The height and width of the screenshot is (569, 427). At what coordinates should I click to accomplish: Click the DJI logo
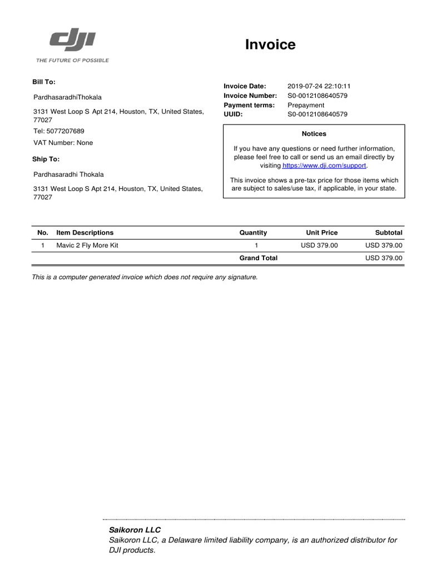tap(73, 41)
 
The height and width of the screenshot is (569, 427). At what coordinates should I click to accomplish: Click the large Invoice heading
tap(270, 45)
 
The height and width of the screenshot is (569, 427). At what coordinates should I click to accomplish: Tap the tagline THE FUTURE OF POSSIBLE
tap(72, 60)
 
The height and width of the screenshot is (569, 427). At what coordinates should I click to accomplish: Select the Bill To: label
tap(44, 82)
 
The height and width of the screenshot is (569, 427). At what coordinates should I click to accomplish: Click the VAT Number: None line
tap(63, 143)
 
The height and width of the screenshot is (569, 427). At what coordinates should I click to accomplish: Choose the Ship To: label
tap(46, 159)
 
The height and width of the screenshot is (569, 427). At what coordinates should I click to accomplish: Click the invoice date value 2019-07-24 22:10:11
tap(319, 86)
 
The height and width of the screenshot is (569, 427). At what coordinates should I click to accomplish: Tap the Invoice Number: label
tap(250, 96)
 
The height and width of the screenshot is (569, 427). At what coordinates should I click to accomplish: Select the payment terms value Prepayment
tap(306, 105)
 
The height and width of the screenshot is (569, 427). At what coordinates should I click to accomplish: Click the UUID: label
tap(234, 114)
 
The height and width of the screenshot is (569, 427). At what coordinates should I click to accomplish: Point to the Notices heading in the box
tap(314, 134)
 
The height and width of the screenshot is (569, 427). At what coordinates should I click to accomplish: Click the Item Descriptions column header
tap(85, 233)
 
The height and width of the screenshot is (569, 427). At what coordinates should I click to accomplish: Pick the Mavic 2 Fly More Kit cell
tap(87, 245)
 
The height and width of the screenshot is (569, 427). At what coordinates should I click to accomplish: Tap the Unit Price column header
tap(321, 233)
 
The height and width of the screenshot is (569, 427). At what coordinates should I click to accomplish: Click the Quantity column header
tap(253, 233)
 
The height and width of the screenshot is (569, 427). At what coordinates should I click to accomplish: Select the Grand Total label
tap(258, 258)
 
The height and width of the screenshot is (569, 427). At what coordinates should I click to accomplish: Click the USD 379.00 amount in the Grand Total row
tap(384, 258)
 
